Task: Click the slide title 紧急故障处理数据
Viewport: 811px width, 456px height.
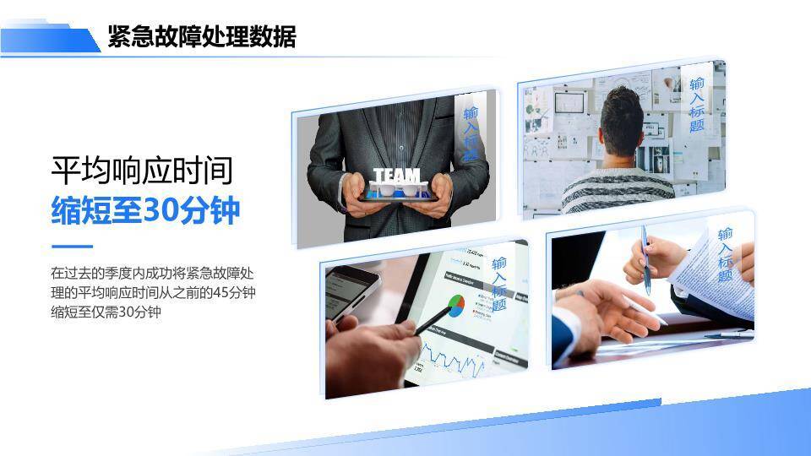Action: [201, 37]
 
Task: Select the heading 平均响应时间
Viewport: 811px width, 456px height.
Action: [141, 171]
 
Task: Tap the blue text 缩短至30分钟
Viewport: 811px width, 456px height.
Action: [145, 210]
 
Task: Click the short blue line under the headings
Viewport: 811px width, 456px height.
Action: [72, 247]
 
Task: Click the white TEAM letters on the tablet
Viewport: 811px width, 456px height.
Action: [396, 176]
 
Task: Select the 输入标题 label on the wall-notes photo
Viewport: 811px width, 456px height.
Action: [697, 105]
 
